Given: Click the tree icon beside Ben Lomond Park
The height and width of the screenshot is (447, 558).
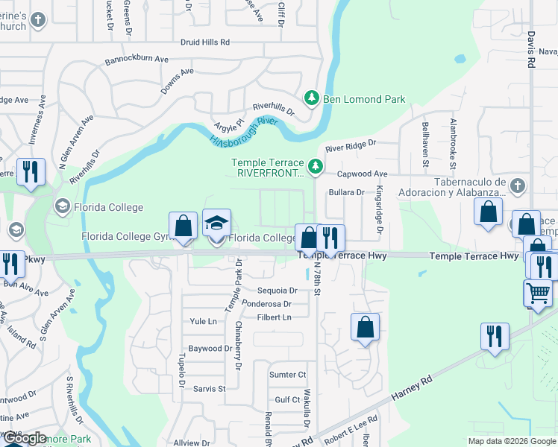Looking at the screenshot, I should pyautogui.click(x=311, y=98).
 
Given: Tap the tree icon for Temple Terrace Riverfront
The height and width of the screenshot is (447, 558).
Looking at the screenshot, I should pyautogui.click(x=316, y=168).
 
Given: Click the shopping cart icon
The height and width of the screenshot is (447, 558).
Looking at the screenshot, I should pyautogui.click(x=539, y=292).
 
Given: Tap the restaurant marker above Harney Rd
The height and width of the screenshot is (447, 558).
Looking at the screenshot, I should pyautogui.click(x=494, y=337).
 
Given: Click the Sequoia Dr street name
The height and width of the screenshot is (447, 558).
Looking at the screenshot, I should pyautogui.click(x=277, y=291).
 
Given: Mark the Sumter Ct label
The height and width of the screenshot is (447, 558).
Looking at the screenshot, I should pyautogui.click(x=287, y=375).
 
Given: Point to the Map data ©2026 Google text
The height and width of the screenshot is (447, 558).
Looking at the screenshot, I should pyautogui.click(x=512, y=441).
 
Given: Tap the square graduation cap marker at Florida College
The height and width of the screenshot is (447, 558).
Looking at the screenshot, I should pyautogui.click(x=216, y=223).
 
